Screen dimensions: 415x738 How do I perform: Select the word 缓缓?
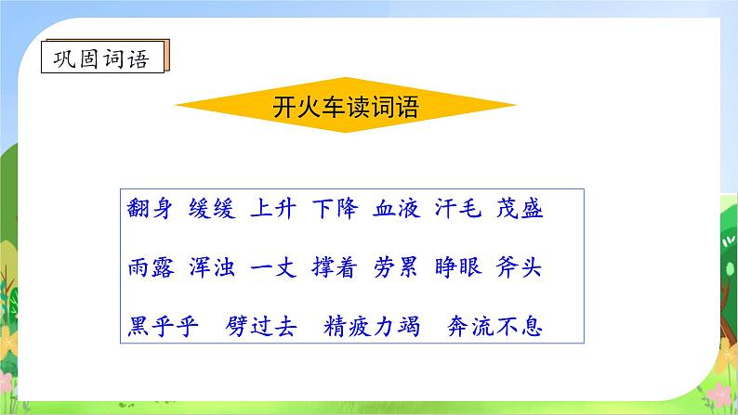coord(211,209)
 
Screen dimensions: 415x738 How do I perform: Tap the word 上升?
coord(272,209)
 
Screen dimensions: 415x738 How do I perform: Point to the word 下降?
coord(334,209)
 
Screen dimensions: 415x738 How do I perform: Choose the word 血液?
coord(396,209)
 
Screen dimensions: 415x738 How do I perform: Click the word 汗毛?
coord(457,209)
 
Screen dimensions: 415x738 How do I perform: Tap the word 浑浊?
coord(211,268)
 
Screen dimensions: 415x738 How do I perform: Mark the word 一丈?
coord(272,268)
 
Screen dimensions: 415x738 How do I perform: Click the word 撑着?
coord(334,268)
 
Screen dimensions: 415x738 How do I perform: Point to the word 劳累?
coord(396,268)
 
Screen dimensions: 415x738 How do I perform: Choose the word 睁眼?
coord(457,268)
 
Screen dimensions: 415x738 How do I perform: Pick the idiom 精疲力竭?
coord(372,327)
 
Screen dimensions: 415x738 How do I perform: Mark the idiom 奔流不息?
coord(494,327)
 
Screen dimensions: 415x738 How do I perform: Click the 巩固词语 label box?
coord(106,58)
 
